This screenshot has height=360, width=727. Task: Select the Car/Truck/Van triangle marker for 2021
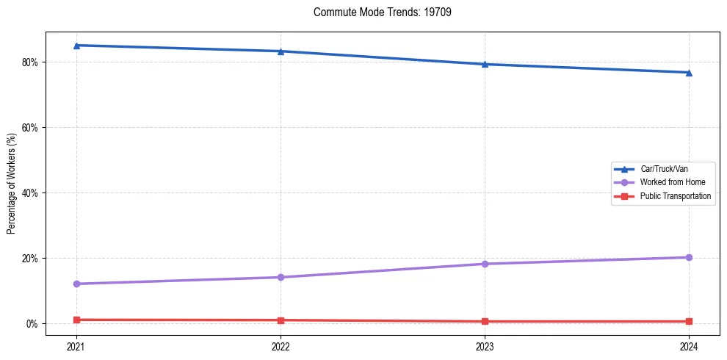(76, 46)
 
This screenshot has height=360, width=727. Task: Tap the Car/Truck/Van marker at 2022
(281, 51)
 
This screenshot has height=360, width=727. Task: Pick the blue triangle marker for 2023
(485, 64)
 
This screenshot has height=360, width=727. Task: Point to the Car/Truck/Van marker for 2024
(689, 73)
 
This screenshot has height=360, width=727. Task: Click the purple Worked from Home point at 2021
(76, 284)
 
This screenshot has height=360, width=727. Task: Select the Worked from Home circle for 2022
(281, 277)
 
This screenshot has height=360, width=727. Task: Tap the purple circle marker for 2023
(485, 264)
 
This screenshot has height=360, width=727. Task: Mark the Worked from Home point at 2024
(689, 257)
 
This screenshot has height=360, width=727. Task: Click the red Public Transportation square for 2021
(76, 320)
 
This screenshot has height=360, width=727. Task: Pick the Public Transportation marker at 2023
(485, 321)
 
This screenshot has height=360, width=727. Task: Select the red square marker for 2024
(689, 321)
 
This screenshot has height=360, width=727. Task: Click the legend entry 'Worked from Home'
(669, 182)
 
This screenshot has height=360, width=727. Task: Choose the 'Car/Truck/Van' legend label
(664, 169)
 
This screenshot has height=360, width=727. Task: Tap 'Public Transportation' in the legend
(675, 196)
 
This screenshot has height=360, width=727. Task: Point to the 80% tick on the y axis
(32, 62)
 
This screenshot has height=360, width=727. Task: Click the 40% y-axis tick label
(32, 192)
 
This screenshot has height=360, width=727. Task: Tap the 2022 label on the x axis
(281, 345)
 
